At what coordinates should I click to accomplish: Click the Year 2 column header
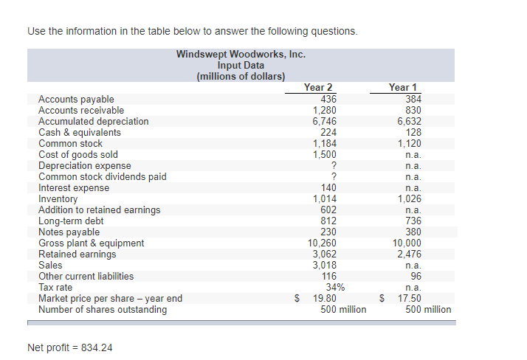[318, 88]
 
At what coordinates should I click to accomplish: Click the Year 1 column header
[403, 88]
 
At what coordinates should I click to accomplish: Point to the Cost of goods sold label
[77, 155]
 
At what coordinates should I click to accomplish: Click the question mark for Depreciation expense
[334, 166]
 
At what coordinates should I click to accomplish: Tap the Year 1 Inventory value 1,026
[409, 199]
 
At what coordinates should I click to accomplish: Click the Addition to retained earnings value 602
[328, 210]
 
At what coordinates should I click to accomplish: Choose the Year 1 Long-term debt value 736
[413, 221]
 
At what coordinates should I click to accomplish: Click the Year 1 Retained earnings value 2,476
[409, 255]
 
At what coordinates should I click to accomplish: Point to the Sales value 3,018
[324, 266]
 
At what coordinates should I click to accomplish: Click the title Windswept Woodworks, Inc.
[241, 55]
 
